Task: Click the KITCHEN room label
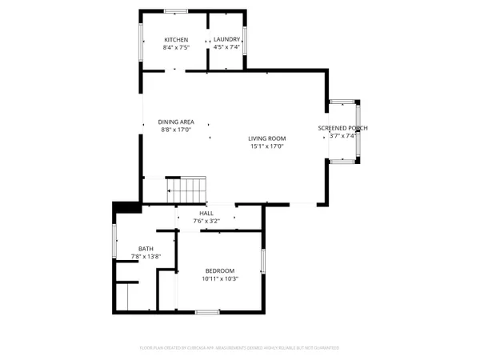click(176, 40)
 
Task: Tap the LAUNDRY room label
click(226, 40)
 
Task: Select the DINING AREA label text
click(177, 122)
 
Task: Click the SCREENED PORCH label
click(343, 128)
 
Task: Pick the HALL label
click(206, 213)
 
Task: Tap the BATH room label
click(146, 249)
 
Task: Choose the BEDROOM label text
click(219, 270)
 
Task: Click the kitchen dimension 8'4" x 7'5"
click(176, 47)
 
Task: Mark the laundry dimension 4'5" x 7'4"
click(226, 47)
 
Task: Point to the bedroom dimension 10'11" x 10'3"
click(219, 278)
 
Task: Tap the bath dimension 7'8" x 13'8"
click(146, 256)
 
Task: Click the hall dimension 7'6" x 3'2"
click(206, 220)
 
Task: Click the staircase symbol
click(186, 191)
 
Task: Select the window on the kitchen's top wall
click(175, 10)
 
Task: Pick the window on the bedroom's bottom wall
click(207, 310)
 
